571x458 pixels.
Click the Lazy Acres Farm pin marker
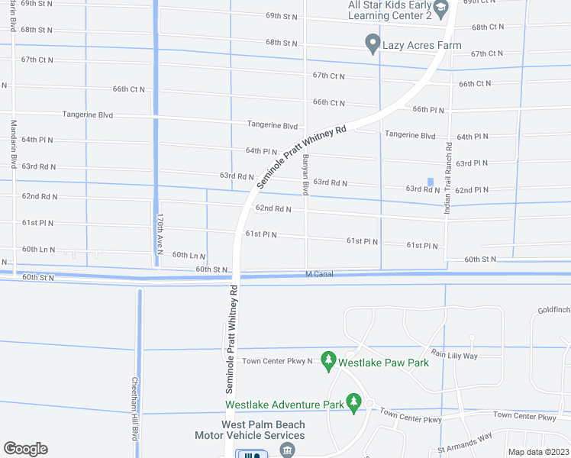pyautogui.click(x=373, y=44)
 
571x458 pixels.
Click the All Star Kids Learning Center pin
pyautogui.click(x=440, y=9)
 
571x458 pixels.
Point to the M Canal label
pyautogui.click(x=319, y=274)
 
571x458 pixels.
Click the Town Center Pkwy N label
pyautogui.click(x=278, y=360)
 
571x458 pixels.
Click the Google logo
pyautogui.click(x=25, y=449)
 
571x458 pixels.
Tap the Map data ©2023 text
pyautogui.click(x=538, y=452)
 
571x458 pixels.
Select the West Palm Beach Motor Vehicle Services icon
pyautogui.click(x=287, y=450)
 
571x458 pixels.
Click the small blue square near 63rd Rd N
pyautogui.click(x=431, y=181)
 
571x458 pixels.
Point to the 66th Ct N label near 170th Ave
pyautogui.click(x=129, y=89)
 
